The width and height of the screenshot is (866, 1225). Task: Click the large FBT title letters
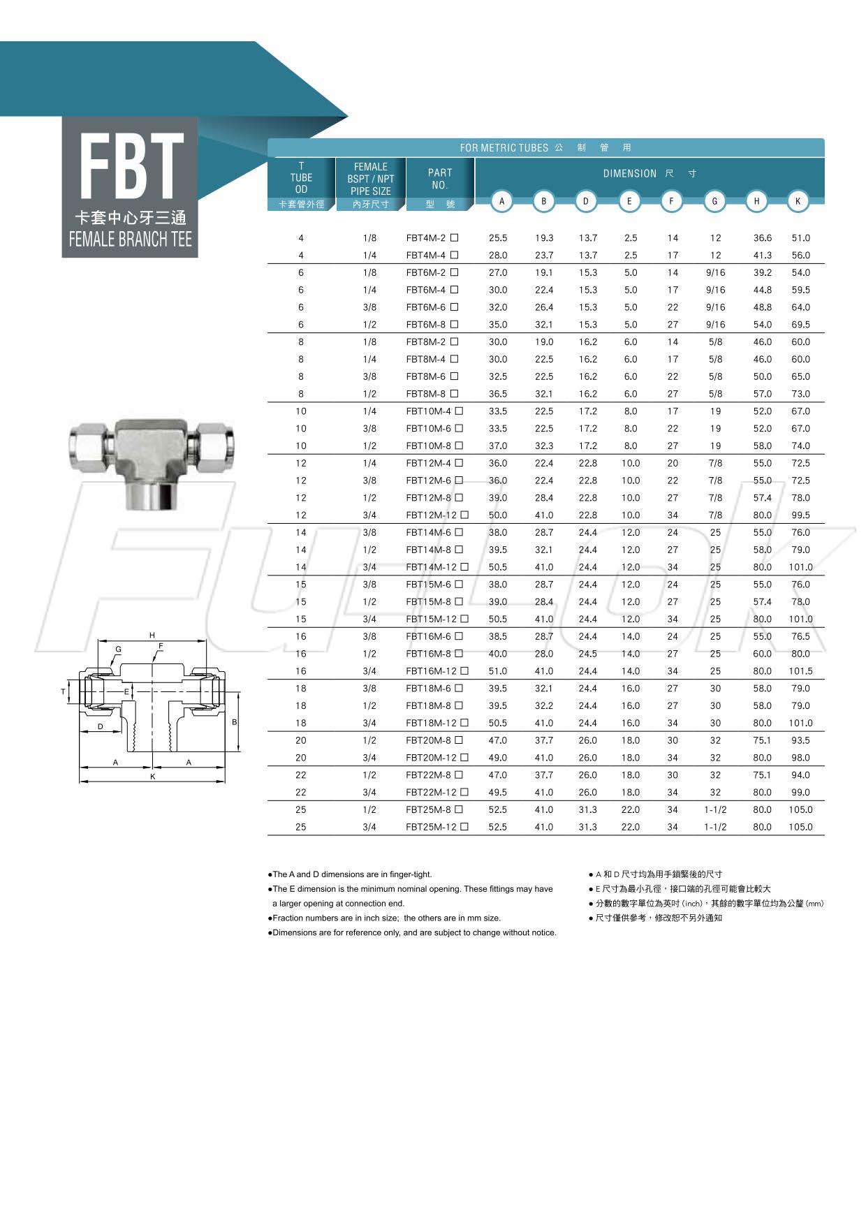coord(131,166)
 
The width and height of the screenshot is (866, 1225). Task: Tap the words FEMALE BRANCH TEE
coord(130,240)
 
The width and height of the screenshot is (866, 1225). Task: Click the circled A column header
coord(501,201)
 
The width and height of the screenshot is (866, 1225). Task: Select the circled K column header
coord(798,201)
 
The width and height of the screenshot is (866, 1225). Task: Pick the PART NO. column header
coord(440,179)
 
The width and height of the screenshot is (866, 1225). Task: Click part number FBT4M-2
coord(425,238)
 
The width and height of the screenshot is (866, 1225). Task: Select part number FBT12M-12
coord(431,515)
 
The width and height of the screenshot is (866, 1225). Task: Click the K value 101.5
coord(800,671)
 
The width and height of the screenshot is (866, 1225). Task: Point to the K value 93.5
coord(800,740)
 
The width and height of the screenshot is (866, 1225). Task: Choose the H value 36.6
coord(762,238)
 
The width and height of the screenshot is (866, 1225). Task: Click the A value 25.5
coord(498,238)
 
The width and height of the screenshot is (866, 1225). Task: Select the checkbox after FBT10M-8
coord(459,446)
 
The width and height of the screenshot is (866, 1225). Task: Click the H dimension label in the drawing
coord(152,636)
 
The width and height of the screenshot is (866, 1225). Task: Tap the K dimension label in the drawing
coord(153,777)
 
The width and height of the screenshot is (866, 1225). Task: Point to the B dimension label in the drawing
coord(235,722)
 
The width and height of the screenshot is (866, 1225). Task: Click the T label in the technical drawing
coord(63,692)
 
